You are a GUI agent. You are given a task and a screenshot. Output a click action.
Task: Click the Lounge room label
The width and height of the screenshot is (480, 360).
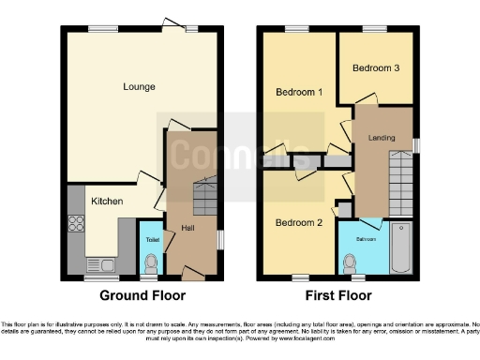(x=138, y=87)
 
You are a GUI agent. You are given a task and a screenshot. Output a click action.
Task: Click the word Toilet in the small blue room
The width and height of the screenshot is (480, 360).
(x=151, y=240)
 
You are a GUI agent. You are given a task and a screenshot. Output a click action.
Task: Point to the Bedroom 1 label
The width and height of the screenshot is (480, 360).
(x=299, y=92)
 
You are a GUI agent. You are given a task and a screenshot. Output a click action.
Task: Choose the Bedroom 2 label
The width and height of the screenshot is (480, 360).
(x=299, y=222)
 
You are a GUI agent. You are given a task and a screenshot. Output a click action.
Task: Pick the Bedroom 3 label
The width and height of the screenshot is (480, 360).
(x=375, y=68)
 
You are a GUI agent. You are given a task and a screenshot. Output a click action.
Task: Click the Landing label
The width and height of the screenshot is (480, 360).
(x=382, y=139)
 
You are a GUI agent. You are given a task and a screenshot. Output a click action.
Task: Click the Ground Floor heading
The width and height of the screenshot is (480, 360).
(x=142, y=295)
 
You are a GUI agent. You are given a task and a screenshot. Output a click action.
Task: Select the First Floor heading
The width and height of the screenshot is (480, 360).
(x=337, y=295)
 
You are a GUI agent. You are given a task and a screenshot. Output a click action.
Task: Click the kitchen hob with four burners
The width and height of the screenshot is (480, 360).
(x=77, y=225)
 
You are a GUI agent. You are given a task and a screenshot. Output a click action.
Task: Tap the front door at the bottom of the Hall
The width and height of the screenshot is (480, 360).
(x=191, y=277)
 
